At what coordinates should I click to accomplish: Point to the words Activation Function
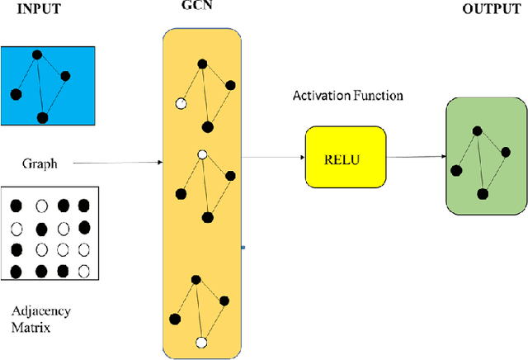tap(347, 96)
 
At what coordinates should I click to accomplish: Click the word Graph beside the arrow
tap(40, 163)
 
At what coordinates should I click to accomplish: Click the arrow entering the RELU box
tap(273, 157)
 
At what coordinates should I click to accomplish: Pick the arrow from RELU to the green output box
tap(416, 157)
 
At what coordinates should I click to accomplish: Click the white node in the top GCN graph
tap(180, 105)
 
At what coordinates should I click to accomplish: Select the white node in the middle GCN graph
tap(202, 154)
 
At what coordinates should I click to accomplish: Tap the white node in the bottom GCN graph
tap(200, 341)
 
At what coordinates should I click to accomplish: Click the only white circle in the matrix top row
tap(40, 205)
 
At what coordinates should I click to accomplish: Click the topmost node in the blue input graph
tap(36, 55)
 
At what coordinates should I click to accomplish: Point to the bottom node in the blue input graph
tap(43, 118)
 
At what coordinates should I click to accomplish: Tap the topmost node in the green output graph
tap(475, 130)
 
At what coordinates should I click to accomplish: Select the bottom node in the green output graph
tap(483, 193)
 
